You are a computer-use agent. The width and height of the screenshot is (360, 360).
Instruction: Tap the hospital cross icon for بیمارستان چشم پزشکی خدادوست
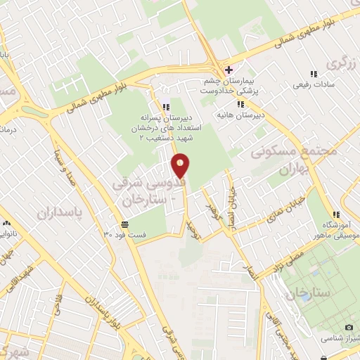227,69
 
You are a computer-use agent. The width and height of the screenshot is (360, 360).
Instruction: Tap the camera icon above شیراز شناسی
349,326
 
